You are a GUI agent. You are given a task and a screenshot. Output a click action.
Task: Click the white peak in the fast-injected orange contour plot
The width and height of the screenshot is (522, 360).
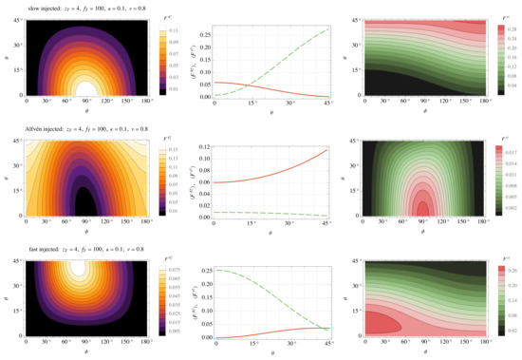pyautogui.click(x=84, y=269)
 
